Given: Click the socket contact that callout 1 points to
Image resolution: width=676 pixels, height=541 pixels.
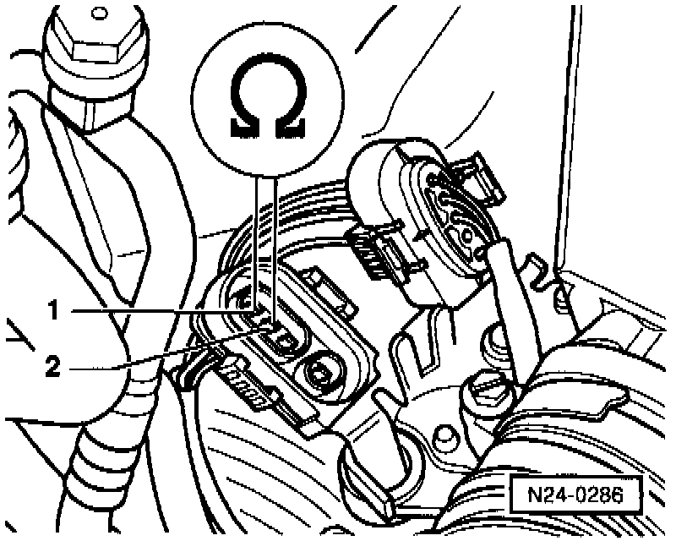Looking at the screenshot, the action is point(263,317).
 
